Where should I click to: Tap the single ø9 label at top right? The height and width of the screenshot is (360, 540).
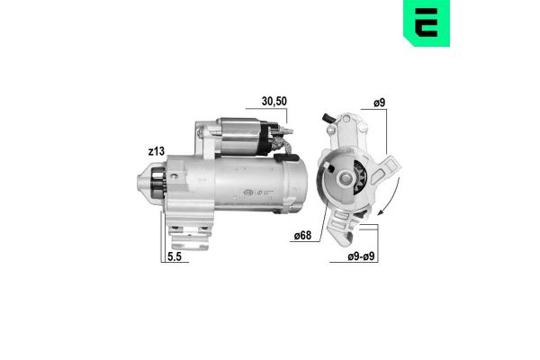380,104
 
